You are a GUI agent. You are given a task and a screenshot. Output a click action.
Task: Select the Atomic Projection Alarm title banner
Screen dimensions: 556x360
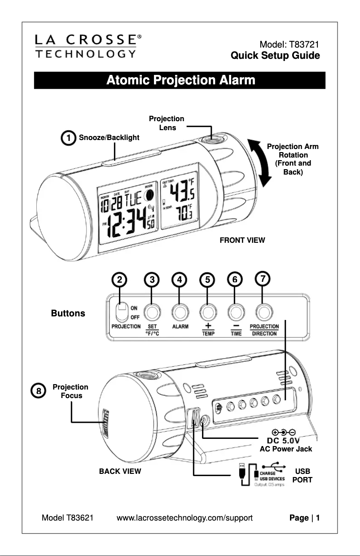[x=180, y=81]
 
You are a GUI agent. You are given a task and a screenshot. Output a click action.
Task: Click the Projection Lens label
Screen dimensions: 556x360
[x=167, y=123]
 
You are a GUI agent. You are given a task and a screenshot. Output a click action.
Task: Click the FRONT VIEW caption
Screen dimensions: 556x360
[x=242, y=241]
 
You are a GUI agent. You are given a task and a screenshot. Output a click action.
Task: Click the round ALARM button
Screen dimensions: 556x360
[x=180, y=311]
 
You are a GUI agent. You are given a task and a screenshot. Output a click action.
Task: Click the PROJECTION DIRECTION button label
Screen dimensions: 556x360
[x=264, y=330]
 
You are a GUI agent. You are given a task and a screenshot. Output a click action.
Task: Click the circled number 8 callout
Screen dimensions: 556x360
[x=39, y=391]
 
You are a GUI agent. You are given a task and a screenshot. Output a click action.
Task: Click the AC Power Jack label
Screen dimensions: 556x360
[x=286, y=449]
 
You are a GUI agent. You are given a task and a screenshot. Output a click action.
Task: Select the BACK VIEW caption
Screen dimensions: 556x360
[x=120, y=472]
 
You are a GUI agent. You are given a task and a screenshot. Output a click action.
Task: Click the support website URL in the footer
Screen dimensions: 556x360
[x=184, y=518]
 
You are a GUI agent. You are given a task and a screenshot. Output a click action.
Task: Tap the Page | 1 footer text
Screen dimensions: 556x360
[x=304, y=518]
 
